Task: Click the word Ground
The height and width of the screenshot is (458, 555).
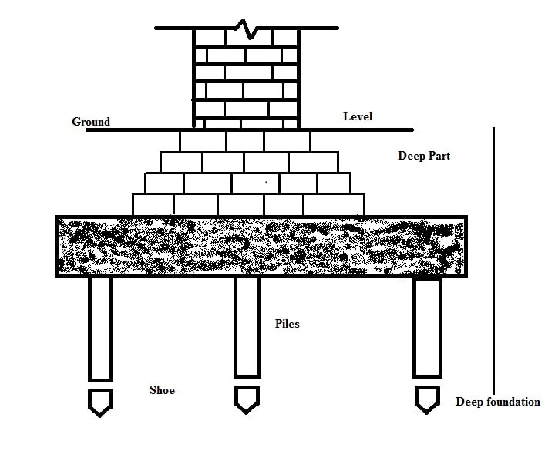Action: click(91, 122)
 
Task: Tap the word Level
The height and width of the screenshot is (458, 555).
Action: click(358, 116)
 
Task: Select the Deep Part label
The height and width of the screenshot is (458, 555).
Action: click(424, 156)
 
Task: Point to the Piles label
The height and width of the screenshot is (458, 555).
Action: click(287, 324)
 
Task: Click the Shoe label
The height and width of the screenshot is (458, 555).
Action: click(162, 390)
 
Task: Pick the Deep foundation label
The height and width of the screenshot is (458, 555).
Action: click(498, 402)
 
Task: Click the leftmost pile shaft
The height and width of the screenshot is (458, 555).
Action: click(100, 328)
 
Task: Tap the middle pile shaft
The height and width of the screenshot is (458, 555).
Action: click(247, 325)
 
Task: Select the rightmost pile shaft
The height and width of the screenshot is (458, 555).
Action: click(428, 327)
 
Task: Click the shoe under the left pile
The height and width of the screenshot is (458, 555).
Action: click(100, 402)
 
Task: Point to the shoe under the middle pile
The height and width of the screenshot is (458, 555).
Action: click(247, 398)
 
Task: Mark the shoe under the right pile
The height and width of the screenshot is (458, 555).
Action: click(427, 398)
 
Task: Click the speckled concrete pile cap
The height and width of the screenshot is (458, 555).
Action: click(261, 245)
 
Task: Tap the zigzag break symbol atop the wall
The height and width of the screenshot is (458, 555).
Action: click(246, 30)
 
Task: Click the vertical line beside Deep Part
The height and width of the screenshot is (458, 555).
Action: click(493, 262)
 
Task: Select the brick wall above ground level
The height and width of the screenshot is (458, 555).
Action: click(245, 77)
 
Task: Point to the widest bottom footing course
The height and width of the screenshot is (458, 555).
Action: click(248, 204)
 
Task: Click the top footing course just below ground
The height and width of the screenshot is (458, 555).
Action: click(245, 141)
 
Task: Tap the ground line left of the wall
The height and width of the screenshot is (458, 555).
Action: click(139, 130)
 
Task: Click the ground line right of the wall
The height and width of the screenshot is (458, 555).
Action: click(355, 130)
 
